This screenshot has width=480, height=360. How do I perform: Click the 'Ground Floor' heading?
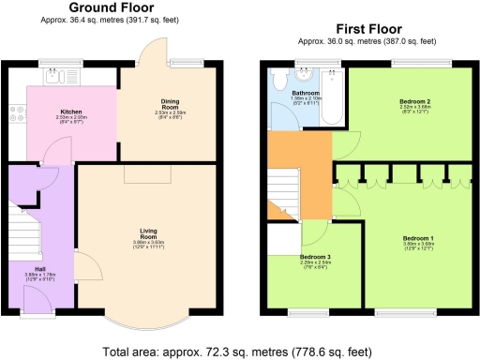(112, 7)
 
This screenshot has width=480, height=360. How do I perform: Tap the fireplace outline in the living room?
(147, 174)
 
